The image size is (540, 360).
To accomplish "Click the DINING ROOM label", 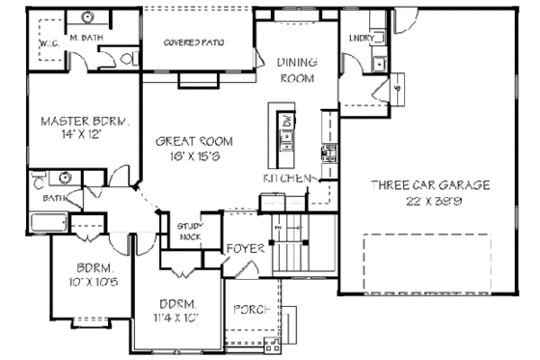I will [x=297, y=69].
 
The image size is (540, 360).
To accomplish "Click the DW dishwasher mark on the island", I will [x=287, y=122].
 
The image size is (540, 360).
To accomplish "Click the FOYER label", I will [x=246, y=249].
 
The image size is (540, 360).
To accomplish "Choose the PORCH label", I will [x=254, y=310].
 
